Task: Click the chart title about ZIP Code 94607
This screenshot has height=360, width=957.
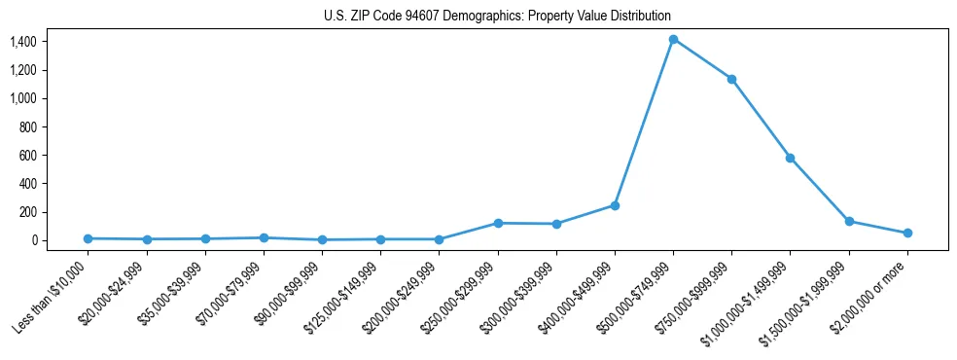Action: click(x=497, y=17)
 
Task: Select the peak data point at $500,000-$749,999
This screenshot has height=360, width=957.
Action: click(x=673, y=40)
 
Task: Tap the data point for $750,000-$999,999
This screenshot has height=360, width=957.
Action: click(x=731, y=79)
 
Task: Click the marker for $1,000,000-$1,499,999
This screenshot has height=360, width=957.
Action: click(x=790, y=158)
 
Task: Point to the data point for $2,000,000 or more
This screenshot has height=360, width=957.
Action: click(x=907, y=233)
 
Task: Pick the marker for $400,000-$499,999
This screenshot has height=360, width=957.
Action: click(x=615, y=205)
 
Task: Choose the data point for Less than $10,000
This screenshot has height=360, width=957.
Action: click(x=88, y=238)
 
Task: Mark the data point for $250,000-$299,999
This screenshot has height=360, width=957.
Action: click(x=498, y=223)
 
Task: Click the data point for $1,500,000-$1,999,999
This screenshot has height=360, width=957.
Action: click(x=849, y=221)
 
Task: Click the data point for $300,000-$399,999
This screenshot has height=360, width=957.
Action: click(x=556, y=224)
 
